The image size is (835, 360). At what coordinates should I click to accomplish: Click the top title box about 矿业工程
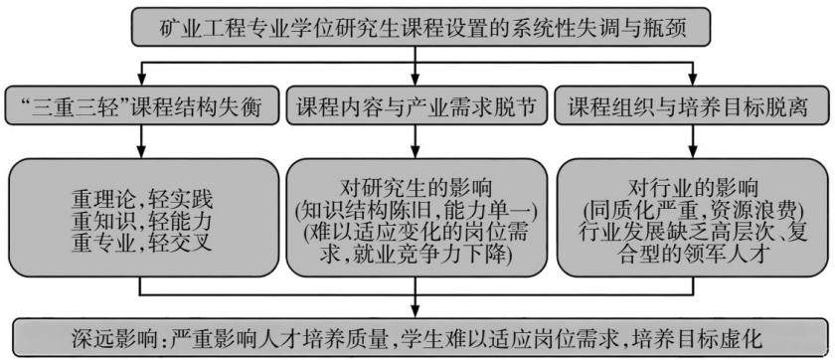[x=420, y=27]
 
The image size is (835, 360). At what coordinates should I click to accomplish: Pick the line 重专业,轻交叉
[x=142, y=243]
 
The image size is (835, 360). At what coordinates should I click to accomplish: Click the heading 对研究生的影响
[x=416, y=189]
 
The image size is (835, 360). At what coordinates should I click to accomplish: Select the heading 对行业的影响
[x=692, y=189]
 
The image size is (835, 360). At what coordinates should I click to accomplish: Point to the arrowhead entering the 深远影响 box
[x=416, y=311]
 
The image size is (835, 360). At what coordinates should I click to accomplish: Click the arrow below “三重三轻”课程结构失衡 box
[x=141, y=141]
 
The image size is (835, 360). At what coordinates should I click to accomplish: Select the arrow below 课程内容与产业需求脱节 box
[x=416, y=141]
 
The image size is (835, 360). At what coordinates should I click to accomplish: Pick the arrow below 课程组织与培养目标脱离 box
[x=692, y=141]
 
